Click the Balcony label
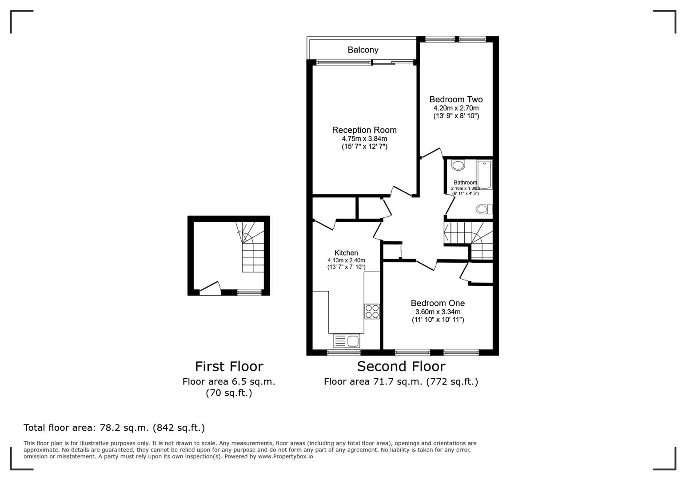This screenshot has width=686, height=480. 363,50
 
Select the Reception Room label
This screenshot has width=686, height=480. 364,130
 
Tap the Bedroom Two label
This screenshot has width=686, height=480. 456,100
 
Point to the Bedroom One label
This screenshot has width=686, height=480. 438,303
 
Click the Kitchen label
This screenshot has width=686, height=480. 346,253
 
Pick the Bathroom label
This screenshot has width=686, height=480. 465,183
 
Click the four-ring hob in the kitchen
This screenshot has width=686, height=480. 372,311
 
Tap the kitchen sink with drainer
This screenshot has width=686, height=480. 347,341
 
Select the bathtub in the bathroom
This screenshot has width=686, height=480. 484,174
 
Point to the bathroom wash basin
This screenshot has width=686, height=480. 458,166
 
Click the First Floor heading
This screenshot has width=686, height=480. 229,366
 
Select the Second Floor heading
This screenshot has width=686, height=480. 401,366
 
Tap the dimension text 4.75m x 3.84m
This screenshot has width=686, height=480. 364,139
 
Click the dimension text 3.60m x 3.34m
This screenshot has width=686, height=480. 438,312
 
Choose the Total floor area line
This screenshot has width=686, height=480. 114,428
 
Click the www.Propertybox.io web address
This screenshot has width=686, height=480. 285,456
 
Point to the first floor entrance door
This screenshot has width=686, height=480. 210,289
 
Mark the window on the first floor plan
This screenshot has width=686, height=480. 249,292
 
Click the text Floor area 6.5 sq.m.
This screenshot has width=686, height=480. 229,381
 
